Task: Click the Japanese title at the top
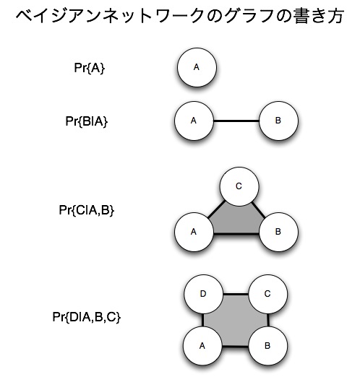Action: [x=180, y=16]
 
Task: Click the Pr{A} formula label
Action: [x=89, y=68]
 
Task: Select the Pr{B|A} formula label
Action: [x=86, y=121]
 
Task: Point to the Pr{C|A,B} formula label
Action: [x=86, y=209]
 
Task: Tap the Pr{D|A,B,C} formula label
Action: [x=86, y=317]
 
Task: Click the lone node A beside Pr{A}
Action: [x=197, y=67]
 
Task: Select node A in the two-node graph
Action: [x=194, y=121]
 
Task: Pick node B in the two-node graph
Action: [x=278, y=121]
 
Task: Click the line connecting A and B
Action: [x=236, y=121]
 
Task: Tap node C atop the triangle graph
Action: [x=239, y=186]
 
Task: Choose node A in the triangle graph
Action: [x=194, y=232]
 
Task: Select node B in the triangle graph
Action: [x=278, y=232]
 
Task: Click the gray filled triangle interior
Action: [x=236, y=220]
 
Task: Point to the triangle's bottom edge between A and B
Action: [x=236, y=234]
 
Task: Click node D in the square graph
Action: [x=203, y=294]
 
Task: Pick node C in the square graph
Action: [x=268, y=294]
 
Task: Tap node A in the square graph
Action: [x=202, y=346]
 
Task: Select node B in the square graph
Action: [x=268, y=346]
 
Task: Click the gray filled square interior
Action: [x=236, y=320]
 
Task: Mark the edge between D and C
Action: [x=236, y=295]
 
